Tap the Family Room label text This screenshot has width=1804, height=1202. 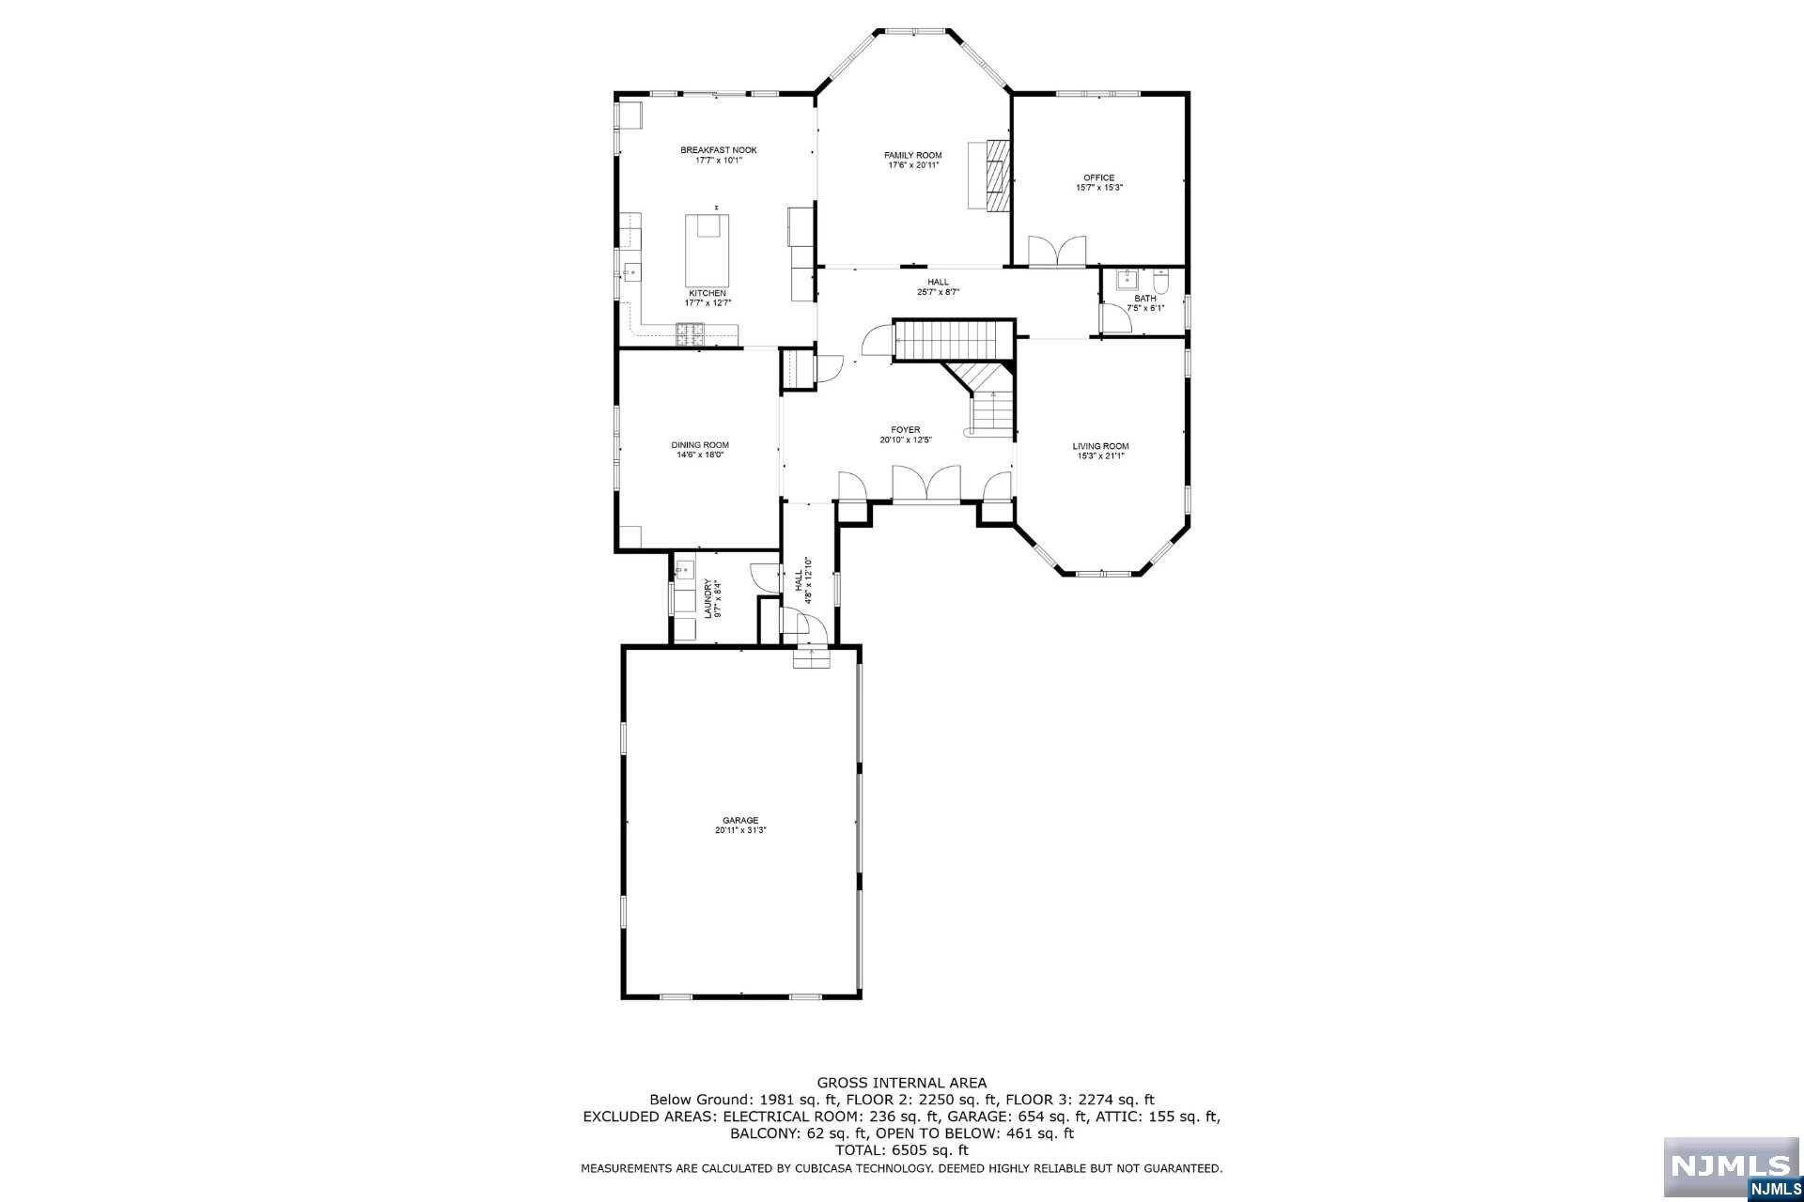[x=912, y=155]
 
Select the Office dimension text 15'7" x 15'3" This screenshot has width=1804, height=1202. [x=1098, y=188]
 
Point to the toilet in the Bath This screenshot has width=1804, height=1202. [x=1160, y=281]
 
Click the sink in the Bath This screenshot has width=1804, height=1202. [x=1127, y=280]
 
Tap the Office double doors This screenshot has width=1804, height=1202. [x=1057, y=252]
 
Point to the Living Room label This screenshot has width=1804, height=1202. [x=1100, y=446]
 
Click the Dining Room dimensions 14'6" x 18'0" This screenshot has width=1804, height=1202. [x=699, y=455]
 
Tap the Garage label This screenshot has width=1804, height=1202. [x=739, y=820]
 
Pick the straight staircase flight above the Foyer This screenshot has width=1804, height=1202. [x=951, y=340]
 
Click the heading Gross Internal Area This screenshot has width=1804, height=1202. [x=901, y=1083]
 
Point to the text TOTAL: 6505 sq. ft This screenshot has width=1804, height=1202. [x=901, y=1149]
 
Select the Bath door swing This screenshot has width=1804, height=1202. [x=1115, y=320]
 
